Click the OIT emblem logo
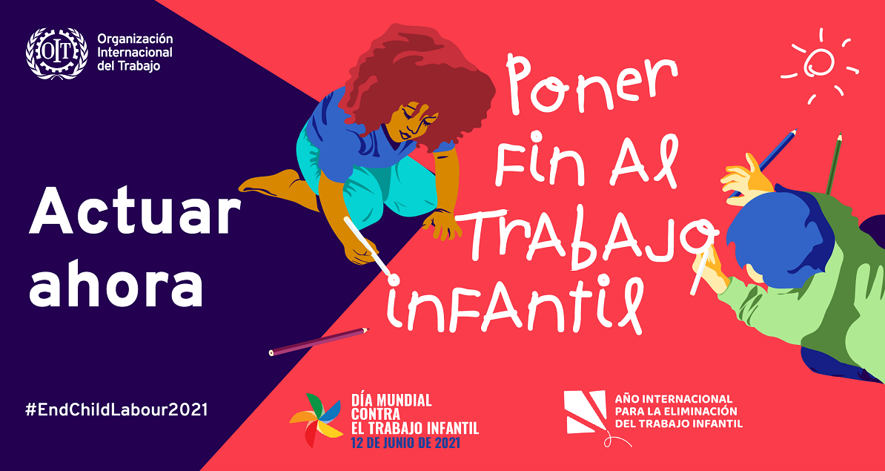tap(57, 53)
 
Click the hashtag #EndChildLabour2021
tap(116, 410)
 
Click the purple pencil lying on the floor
tap(319, 342)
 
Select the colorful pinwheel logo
tap(316, 420)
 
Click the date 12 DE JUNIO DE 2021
tap(405, 443)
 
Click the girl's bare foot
tap(271, 182)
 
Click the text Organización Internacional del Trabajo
tap(135, 53)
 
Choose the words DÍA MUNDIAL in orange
tap(391, 401)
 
